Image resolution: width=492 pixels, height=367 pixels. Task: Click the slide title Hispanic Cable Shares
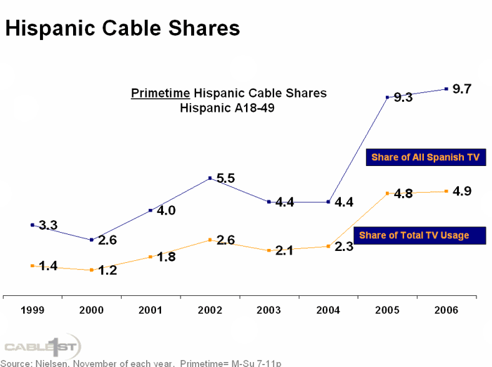[123, 28]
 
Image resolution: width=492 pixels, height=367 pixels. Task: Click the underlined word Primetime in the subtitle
[161, 94]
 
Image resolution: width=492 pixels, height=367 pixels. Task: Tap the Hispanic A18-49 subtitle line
[228, 108]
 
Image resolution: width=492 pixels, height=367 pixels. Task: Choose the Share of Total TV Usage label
[414, 235]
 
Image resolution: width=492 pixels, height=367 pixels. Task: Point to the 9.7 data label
[462, 89]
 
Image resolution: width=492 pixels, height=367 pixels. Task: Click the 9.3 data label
[403, 98]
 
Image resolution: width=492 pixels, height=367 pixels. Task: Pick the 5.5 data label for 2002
[226, 179]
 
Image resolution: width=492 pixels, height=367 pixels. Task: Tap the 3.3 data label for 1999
[48, 226]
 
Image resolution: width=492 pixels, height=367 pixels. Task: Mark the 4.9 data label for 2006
[462, 191]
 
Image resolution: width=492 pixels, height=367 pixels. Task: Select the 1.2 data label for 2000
[108, 270]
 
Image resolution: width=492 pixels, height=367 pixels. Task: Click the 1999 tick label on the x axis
[32, 309]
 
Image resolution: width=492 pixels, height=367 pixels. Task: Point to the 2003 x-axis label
[269, 309]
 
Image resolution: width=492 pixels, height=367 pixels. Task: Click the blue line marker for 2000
[91, 240]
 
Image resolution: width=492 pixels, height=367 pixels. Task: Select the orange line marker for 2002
[210, 240]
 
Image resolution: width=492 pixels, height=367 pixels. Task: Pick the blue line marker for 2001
[150, 210]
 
